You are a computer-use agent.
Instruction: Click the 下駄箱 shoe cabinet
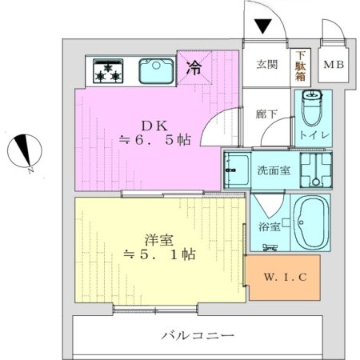[301, 65]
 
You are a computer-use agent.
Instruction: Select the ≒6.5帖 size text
[154, 140]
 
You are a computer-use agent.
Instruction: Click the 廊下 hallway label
[266, 114]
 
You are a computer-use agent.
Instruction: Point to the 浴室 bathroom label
[269, 227]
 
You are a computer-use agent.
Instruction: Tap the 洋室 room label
[158, 239]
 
